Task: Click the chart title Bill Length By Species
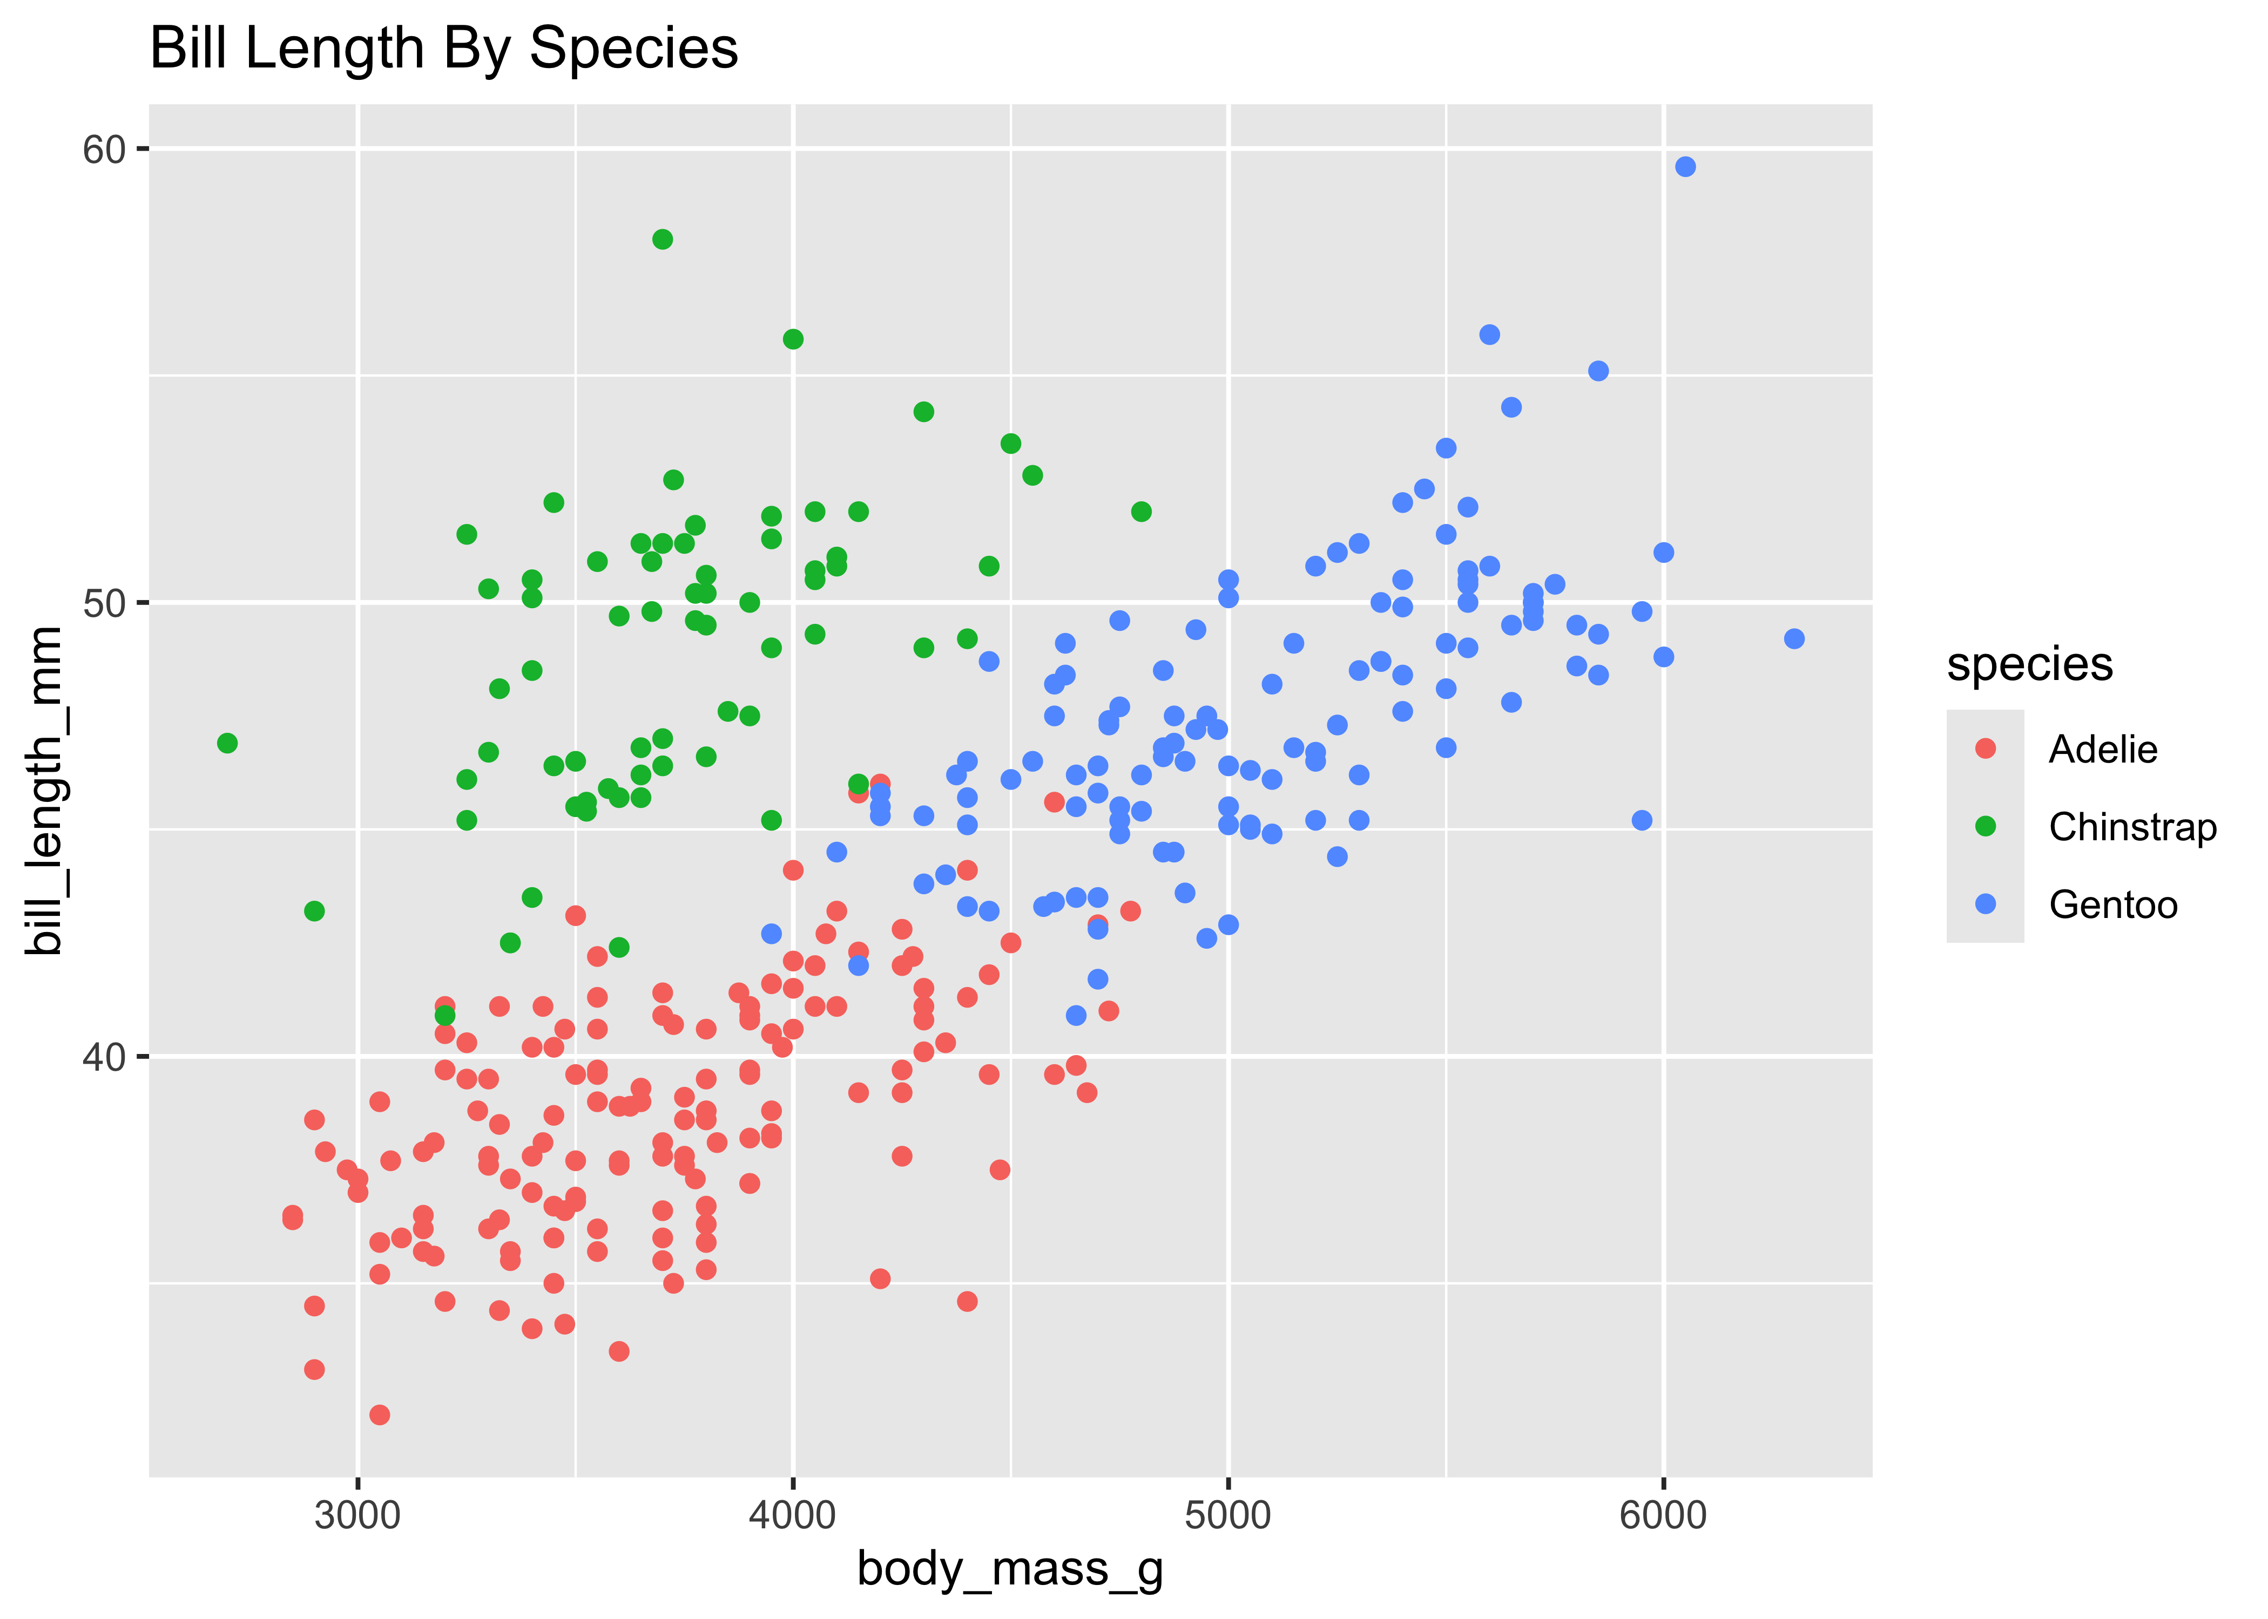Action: point(444,48)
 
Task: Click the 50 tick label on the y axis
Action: point(104,603)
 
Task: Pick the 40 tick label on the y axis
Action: point(104,1057)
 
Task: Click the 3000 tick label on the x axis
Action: point(357,1515)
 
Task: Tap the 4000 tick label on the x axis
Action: point(793,1515)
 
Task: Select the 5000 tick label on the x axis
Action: point(1228,1515)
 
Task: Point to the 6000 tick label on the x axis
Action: point(1663,1515)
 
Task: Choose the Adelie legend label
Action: point(2102,750)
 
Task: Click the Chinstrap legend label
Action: point(2132,827)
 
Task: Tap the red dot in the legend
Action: point(1985,749)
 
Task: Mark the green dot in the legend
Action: point(1985,826)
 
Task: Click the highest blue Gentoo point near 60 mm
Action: point(1685,166)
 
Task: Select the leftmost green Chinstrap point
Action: point(227,743)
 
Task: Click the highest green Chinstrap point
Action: point(662,239)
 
